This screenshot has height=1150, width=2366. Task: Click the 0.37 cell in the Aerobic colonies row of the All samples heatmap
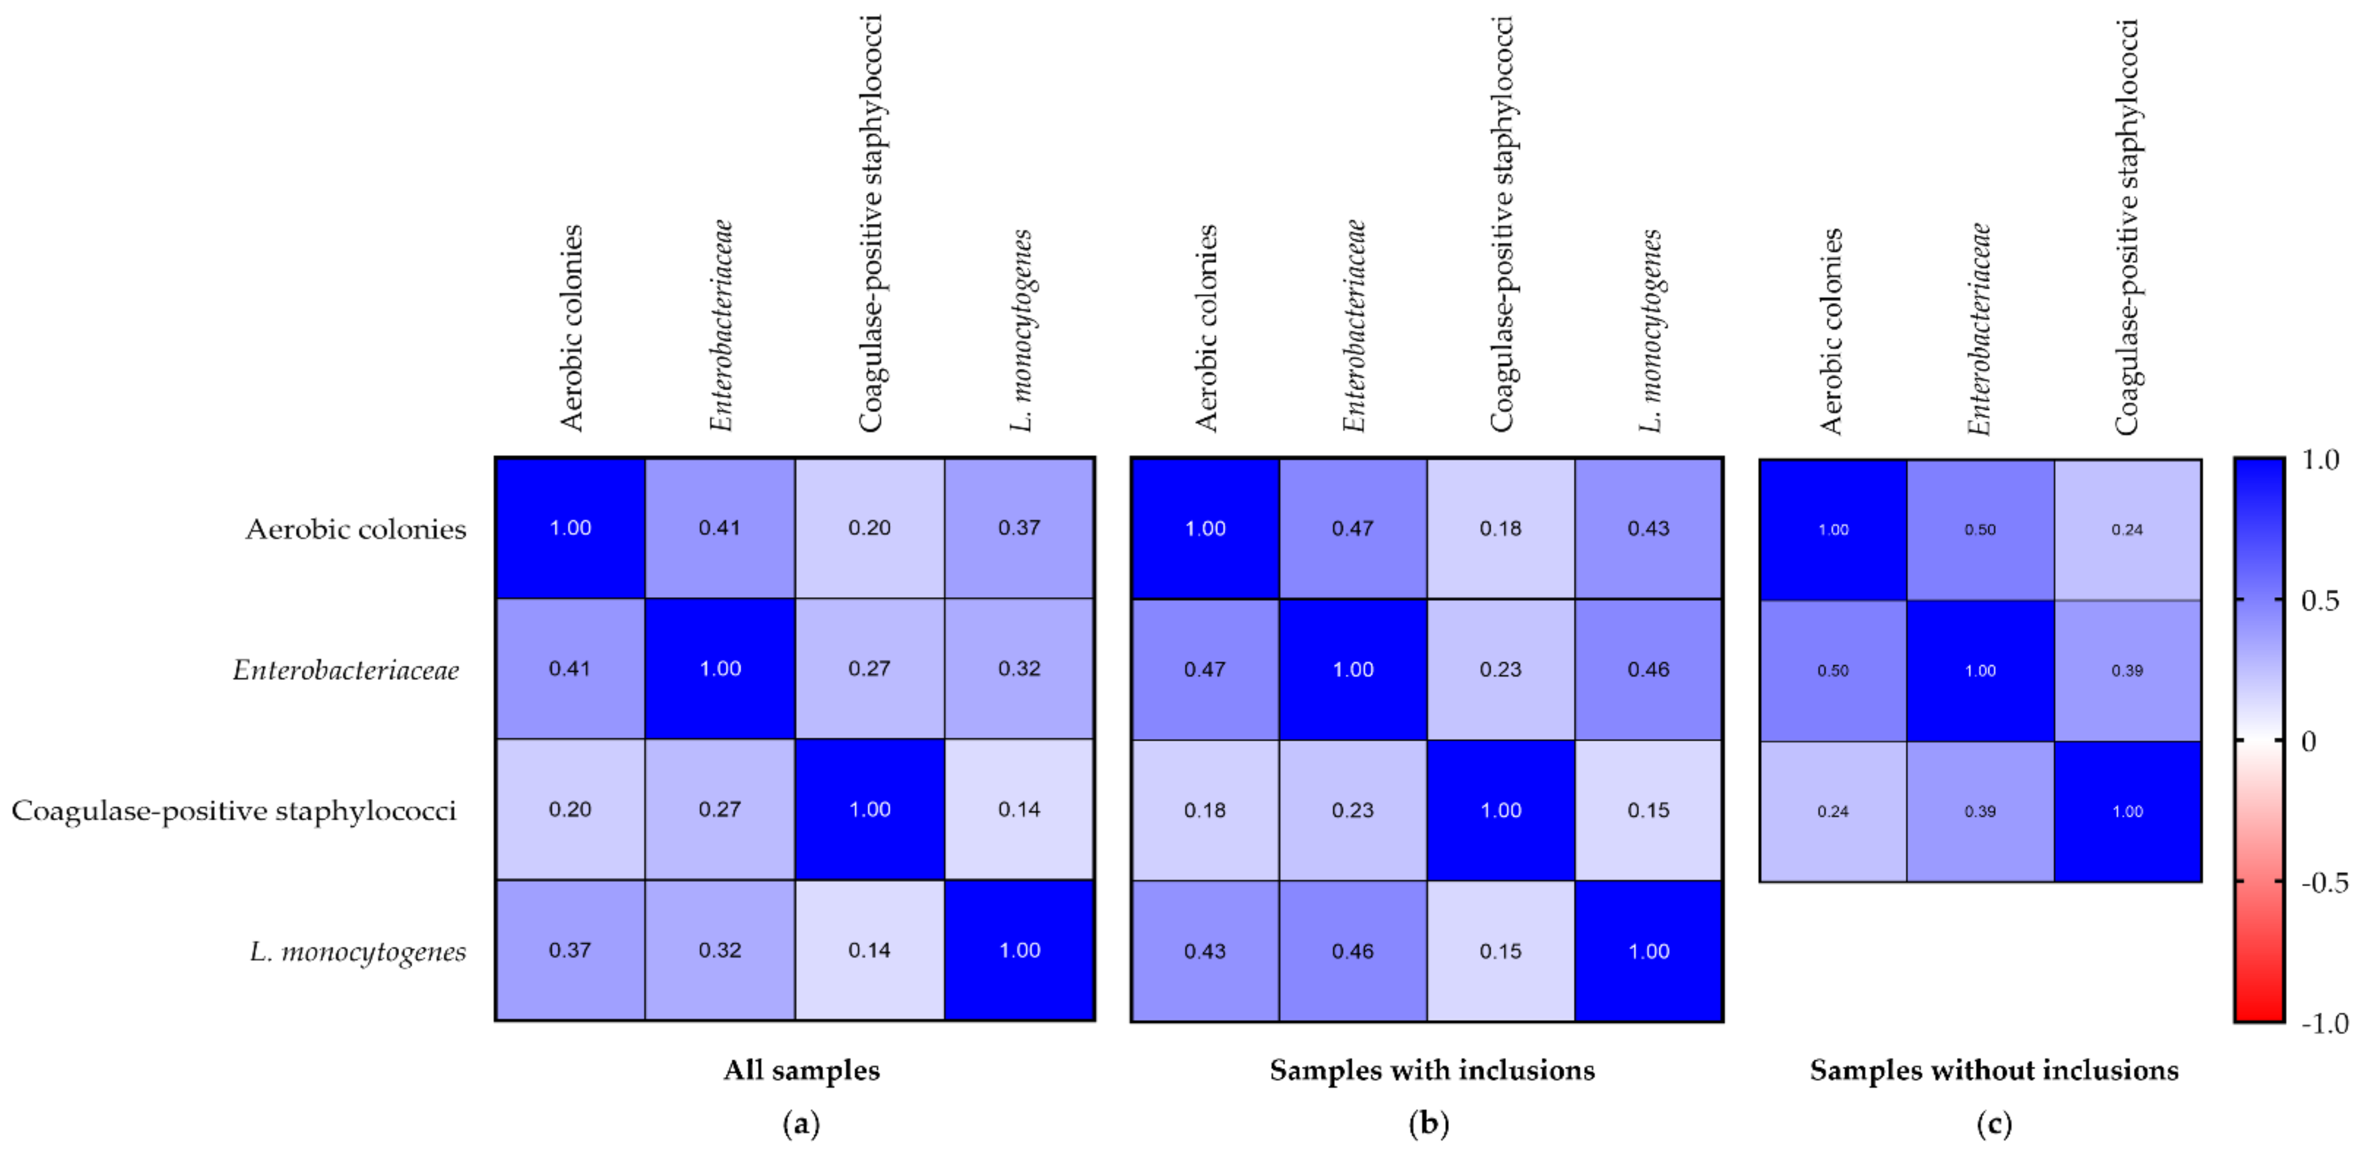[1019, 528]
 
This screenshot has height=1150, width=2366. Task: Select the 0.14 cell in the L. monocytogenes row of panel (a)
[869, 950]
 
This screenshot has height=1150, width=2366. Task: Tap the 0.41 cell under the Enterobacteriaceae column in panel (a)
[719, 528]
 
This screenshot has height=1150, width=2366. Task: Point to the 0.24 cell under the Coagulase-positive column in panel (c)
[2127, 530]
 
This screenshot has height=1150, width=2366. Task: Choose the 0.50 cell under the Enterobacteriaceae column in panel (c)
[1980, 530]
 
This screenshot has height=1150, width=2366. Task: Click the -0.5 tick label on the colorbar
[2324, 883]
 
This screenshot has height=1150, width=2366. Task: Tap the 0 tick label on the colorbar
[2308, 741]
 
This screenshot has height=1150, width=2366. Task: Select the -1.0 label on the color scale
[2324, 1023]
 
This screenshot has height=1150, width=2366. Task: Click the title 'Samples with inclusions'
[1431, 1070]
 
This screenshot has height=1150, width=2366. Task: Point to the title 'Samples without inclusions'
[1994, 1070]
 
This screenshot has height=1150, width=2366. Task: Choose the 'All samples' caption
[801, 1070]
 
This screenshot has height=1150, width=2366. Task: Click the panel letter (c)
[1994, 1123]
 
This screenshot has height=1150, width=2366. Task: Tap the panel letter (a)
[801, 1123]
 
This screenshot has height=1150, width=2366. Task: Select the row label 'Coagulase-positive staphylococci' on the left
[234, 811]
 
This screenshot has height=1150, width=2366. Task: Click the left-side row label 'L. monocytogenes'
[358, 952]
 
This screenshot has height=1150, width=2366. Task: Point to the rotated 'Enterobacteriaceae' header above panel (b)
[1354, 326]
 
